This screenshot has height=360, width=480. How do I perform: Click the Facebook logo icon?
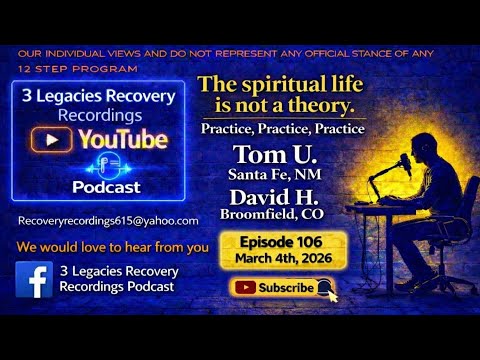coord(35,279)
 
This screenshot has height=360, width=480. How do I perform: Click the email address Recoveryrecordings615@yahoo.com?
coord(108,220)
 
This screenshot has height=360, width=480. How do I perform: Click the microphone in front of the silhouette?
coord(378,160)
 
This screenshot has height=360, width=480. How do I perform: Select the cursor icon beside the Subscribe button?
coord(325,290)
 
